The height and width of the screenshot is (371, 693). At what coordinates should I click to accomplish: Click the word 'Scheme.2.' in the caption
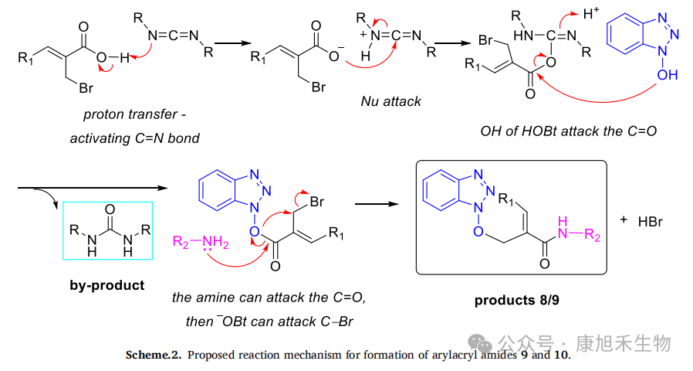(x=153, y=356)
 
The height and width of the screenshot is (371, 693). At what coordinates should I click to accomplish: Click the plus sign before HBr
(x=624, y=219)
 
